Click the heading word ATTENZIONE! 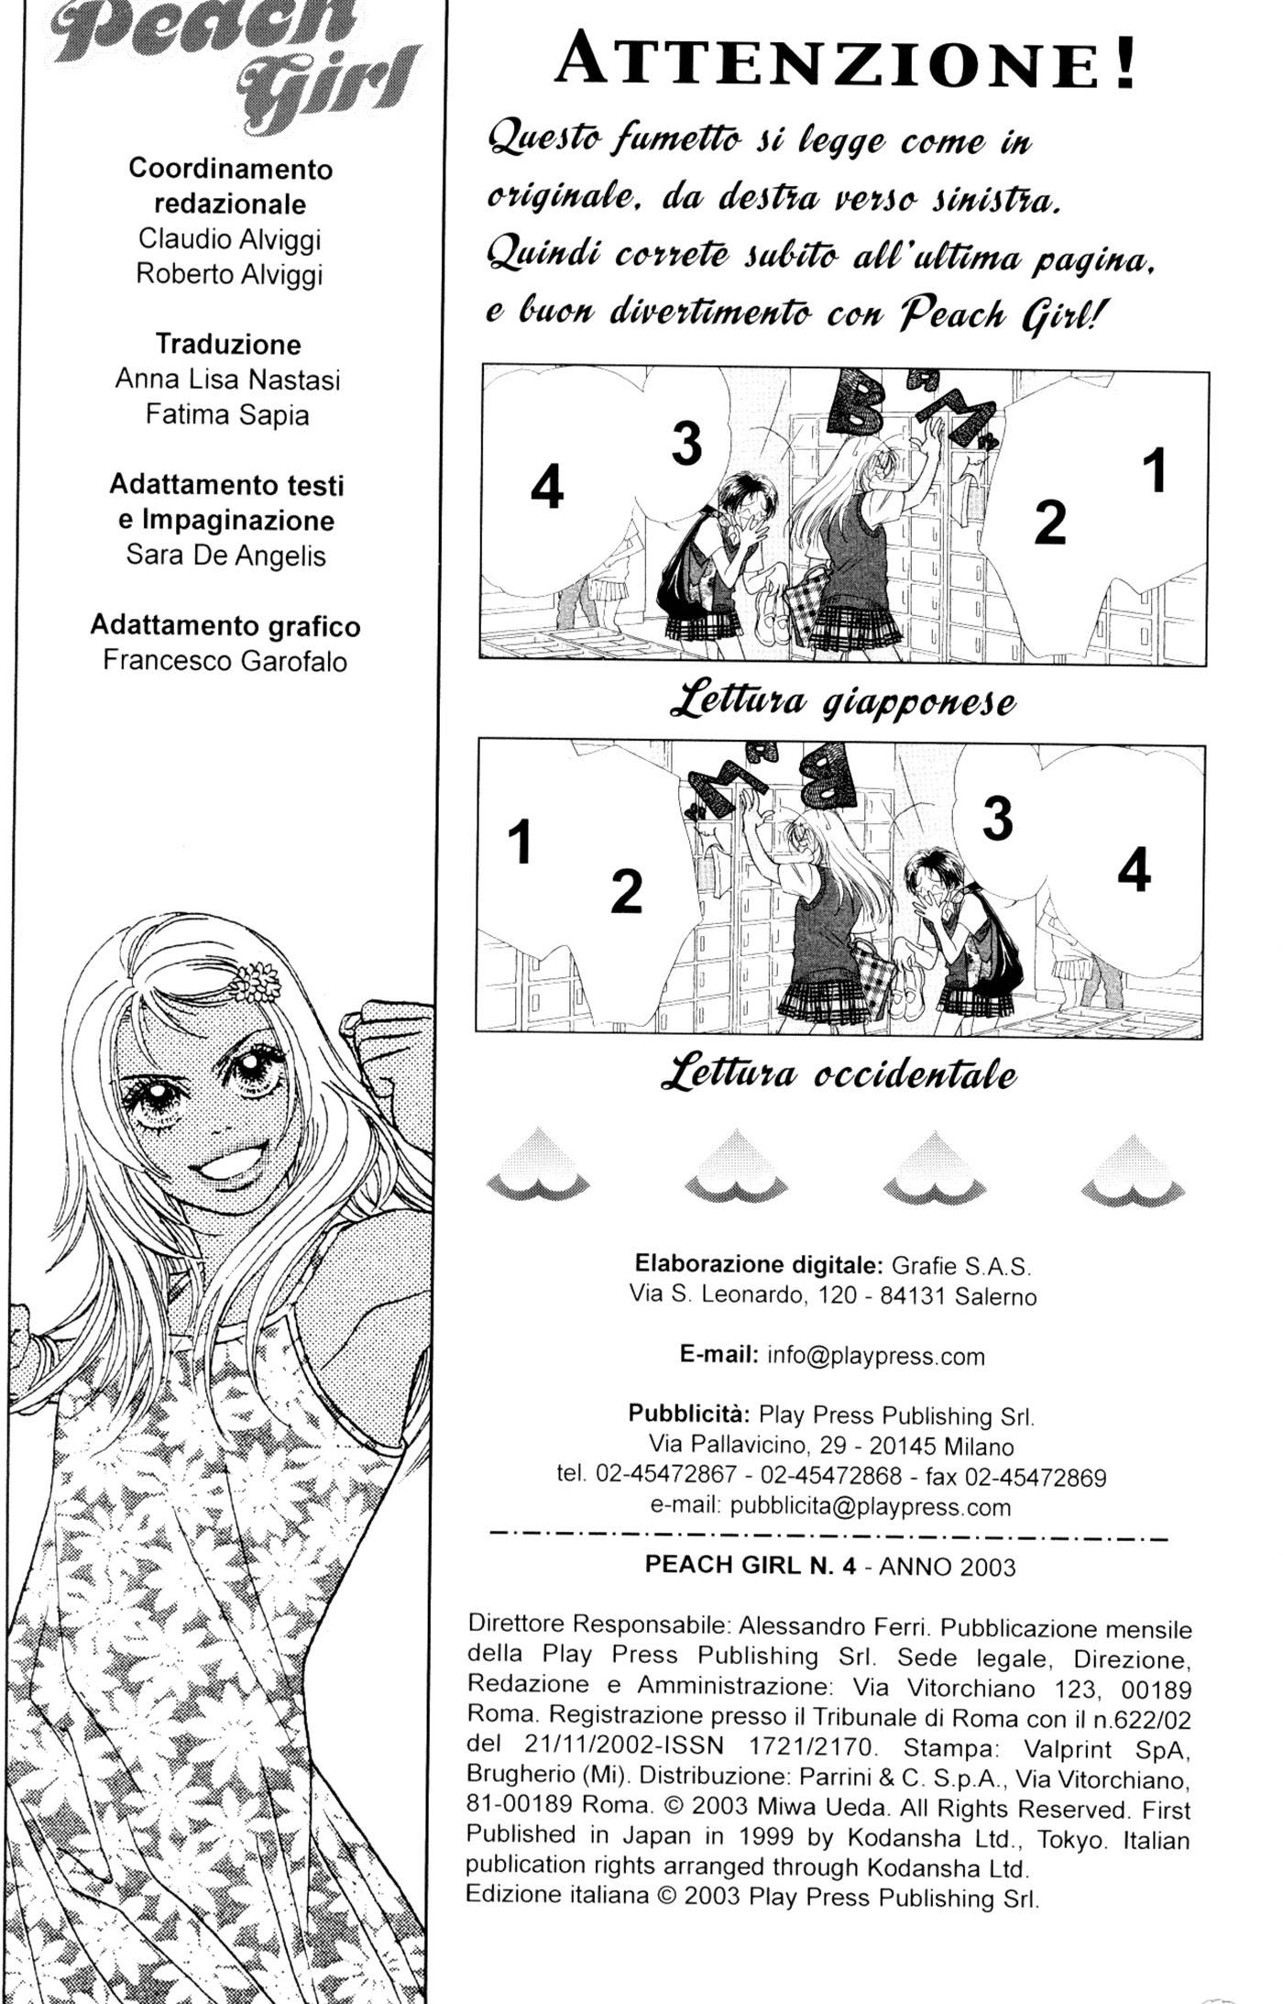(847, 61)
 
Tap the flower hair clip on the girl (254, 981)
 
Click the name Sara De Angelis (225, 556)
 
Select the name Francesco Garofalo (225, 661)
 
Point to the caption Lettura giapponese (842, 702)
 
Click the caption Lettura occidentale (838, 1074)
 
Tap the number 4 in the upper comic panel (547, 487)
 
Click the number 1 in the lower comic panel (520, 842)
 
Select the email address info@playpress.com (875, 1357)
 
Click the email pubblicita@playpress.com (871, 1507)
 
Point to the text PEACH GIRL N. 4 (751, 1565)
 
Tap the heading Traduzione (228, 345)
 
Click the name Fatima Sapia (227, 415)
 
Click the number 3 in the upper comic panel (686, 443)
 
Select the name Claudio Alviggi (229, 239)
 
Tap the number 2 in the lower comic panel (626, 890)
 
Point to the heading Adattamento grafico (225, 626)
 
